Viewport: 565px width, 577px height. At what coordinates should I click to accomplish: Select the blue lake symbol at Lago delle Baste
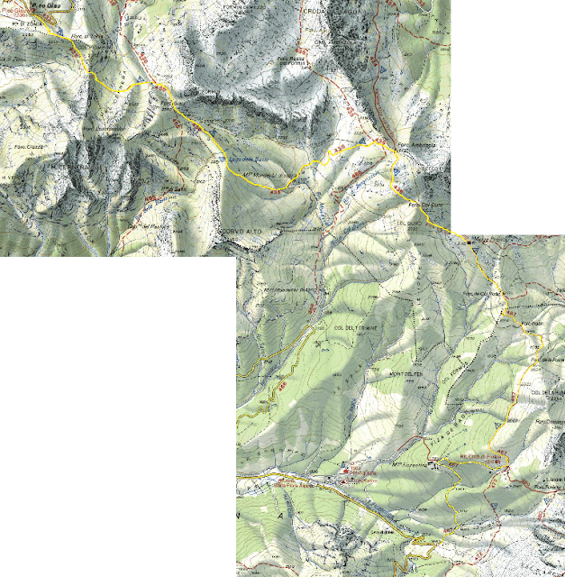(222, 160)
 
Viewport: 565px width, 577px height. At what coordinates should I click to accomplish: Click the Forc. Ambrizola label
(417, 146)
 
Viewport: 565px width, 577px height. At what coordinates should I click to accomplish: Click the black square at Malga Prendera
(470, 242)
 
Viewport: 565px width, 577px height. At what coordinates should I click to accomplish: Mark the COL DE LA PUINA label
(548, 393)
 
